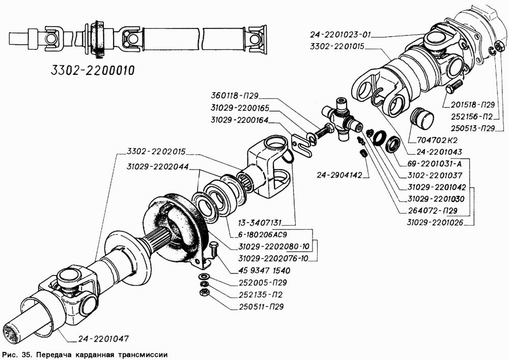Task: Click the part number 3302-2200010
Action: [92, 70]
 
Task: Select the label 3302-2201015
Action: [338, 47]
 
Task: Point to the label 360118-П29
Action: [238, 97]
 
